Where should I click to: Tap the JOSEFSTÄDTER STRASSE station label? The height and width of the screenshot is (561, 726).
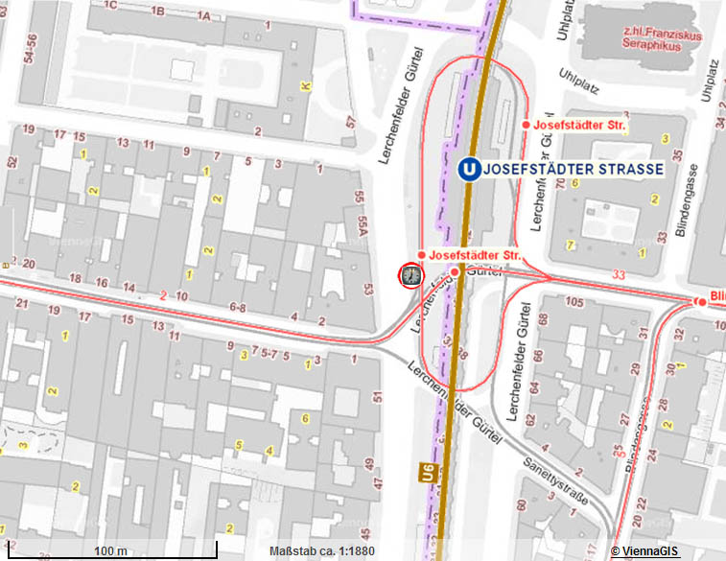(574, 170)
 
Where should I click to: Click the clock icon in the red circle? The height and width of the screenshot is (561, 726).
(410, 275)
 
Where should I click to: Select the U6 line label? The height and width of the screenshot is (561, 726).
(425, 473)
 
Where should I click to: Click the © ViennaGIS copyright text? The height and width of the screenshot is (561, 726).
(644, 551)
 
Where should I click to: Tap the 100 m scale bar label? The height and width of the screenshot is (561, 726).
(110, 550)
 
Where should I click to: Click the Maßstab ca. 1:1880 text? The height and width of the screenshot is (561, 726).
(321, 551)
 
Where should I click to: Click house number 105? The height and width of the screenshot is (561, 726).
(574, 304)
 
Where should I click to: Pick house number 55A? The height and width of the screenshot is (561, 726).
(362, 224)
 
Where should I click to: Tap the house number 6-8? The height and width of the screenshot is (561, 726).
(239, 308)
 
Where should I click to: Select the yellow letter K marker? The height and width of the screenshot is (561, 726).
(306, 87)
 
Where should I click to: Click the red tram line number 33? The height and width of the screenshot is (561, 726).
(617, 275)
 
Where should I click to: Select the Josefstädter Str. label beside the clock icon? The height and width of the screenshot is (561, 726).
(474, 255)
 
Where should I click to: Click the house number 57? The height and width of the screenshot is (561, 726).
(351, 123)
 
